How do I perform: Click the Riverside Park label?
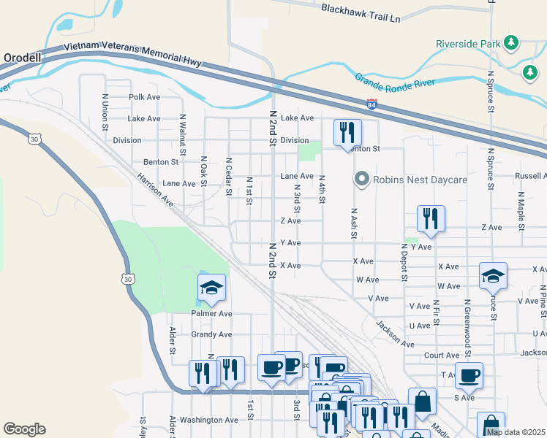pyautogui.click(x=467, y=43)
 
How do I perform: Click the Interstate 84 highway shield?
pyautogui.click(x=372, y=104)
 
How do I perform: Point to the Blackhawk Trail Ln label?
pyautogui.click(x=361, y=12)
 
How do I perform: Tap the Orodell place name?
pyautogui.click(x=23, y=57)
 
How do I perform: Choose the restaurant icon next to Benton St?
pyautogui.click(x=347, y=132)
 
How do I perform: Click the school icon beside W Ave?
pyautogui.click(x=493, y=276)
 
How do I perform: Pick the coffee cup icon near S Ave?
pyautogui.click(x=469, y=375)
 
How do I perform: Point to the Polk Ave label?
pyautogui.click(x=144, y=96)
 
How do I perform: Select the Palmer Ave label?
pyautogui.click(x=211, y=313)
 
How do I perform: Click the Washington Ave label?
pyautogui.click(x=209, y=420)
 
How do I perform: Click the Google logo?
pyautogui.click(x=24, y=429)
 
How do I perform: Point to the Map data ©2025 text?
pyautogui.click(x=516, y=432)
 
